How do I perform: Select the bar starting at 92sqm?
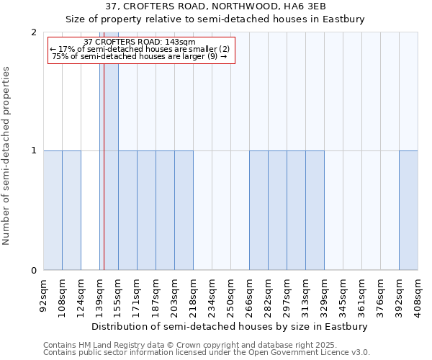tap(53, 210)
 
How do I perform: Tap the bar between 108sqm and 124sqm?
tap(71, 210)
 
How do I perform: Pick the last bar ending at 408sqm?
tap(408, 210)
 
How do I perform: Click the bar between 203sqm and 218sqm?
tap(184, 210)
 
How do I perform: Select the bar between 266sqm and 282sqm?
tap(258, 210)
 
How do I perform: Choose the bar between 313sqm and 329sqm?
tap(315, 210)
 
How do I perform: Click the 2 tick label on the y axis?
tap(34, 32)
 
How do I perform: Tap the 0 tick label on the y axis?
tap(34, 271)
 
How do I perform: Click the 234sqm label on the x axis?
tap(212, 295)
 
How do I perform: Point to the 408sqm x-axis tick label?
tap(418, 295)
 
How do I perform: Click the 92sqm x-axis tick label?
tap(43, 295)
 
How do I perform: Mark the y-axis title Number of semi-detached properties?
tap(6, 156)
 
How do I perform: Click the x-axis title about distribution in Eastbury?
tap(230, 326)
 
